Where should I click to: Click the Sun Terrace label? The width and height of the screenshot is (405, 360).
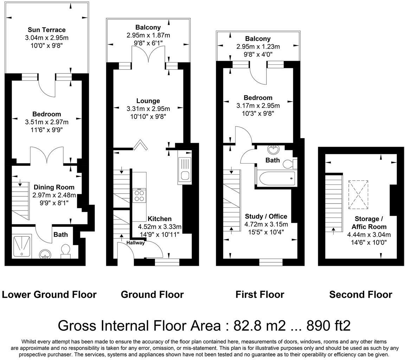point(47,30)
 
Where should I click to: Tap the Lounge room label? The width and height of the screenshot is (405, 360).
point(148,101)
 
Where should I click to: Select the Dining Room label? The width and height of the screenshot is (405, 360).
point(54,187)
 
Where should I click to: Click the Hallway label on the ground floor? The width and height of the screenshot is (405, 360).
point(136,243)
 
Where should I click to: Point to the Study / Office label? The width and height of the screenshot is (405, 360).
point(266,217)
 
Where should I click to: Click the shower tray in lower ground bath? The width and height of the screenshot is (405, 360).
point(22,246)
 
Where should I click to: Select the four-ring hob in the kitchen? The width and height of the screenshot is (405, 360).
point(139,195)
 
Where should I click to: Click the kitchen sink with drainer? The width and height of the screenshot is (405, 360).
point(185,171)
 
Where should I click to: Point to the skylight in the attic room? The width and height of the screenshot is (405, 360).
point(358,194)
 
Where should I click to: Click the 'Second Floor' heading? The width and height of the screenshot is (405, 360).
point(361,294)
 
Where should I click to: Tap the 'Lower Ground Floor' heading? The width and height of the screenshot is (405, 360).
point(49,294)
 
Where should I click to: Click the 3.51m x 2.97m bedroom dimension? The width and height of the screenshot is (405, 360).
point(47,122)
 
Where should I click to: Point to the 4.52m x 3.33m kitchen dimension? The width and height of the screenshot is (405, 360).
point(160,227)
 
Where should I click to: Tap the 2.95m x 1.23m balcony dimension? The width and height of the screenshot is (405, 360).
point(258,47)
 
